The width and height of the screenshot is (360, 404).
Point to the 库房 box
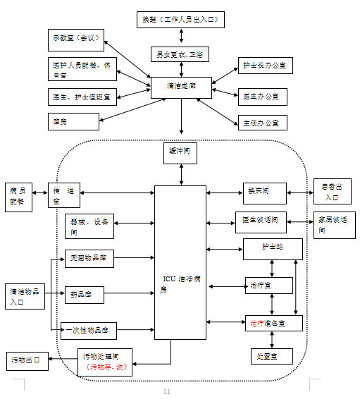[x=73, y=121]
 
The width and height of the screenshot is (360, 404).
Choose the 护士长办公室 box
[x=264, y=66]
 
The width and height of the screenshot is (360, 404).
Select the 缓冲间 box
[x=181, y=152]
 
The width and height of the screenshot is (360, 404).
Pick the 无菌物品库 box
[x=89, y=259]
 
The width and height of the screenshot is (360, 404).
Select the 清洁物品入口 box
[x=25, y=295]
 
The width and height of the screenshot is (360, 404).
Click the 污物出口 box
[x=27, y=360]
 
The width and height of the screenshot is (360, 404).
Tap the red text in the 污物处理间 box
[x=106, y=367]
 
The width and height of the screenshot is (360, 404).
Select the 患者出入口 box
[x=332, y=192]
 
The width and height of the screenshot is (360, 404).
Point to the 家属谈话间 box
[x=334, y=224]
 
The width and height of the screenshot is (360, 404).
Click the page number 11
[x=167, y=391]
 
